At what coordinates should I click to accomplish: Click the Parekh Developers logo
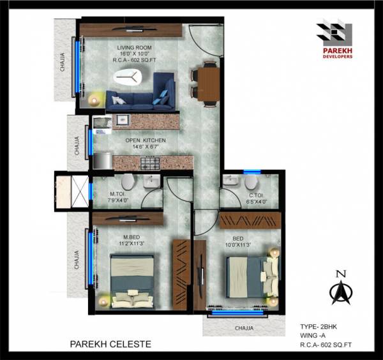pyautogui.click(x=334, y=38)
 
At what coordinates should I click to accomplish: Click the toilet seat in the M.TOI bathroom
pyautogui.click(x=126, y=183)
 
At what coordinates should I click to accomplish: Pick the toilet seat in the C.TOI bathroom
pyautogui.click(x=250, y=183)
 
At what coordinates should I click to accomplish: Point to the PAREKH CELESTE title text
pyautogui.click(x=110, y=344)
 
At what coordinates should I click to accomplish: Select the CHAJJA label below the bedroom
pyautogui.click(x=243, y=328)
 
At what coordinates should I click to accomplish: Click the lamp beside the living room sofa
pyautogui.click(x=96, y=99)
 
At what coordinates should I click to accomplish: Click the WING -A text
pyautogui.click(x=314, y=336)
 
